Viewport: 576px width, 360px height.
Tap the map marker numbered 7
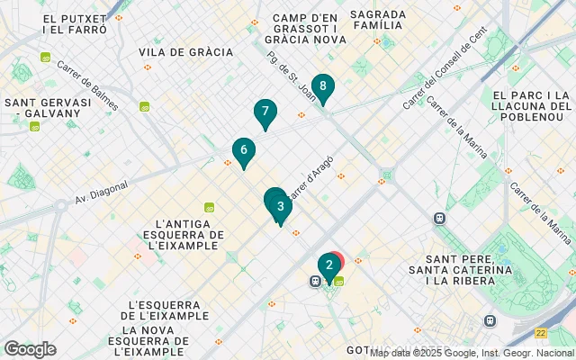point(265,112)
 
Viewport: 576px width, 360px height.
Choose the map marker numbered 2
point(329,265)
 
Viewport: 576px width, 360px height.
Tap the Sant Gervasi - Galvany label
point(49,108)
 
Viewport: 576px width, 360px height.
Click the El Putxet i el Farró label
point(74,23)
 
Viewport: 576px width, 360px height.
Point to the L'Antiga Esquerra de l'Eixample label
point(187,234)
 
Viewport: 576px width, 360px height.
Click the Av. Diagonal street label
point(102,192)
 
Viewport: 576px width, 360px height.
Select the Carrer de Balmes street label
point(87,85)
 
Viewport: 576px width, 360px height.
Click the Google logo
point(30,348)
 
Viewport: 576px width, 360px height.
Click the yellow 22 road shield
point(540,333)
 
